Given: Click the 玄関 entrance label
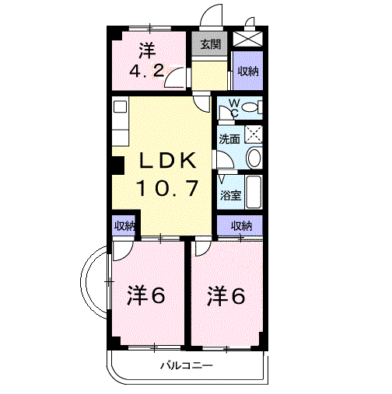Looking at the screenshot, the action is [211, 44].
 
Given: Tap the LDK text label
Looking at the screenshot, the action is [168, 161].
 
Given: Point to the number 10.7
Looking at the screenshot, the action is [167, 188].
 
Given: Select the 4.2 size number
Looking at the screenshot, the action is [147, 71].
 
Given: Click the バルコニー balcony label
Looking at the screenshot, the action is [187, 366].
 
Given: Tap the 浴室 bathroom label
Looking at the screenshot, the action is [231, 196].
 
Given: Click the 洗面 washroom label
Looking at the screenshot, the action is [229, 139].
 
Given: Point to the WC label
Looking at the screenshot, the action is [234, 108].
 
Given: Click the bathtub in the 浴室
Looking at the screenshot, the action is [254, 192].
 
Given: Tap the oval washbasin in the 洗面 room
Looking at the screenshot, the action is [254, 158].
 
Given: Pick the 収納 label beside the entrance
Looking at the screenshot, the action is [248, 71].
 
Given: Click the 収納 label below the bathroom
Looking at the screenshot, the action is [241, 226].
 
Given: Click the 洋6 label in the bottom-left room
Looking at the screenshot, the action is [146, 295].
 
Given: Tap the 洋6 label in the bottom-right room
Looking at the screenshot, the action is [226, 295].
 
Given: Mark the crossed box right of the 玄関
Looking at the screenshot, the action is [247, 39].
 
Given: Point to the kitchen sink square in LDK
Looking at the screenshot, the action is [120, 106].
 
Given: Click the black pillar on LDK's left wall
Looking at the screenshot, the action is [117, 165].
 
